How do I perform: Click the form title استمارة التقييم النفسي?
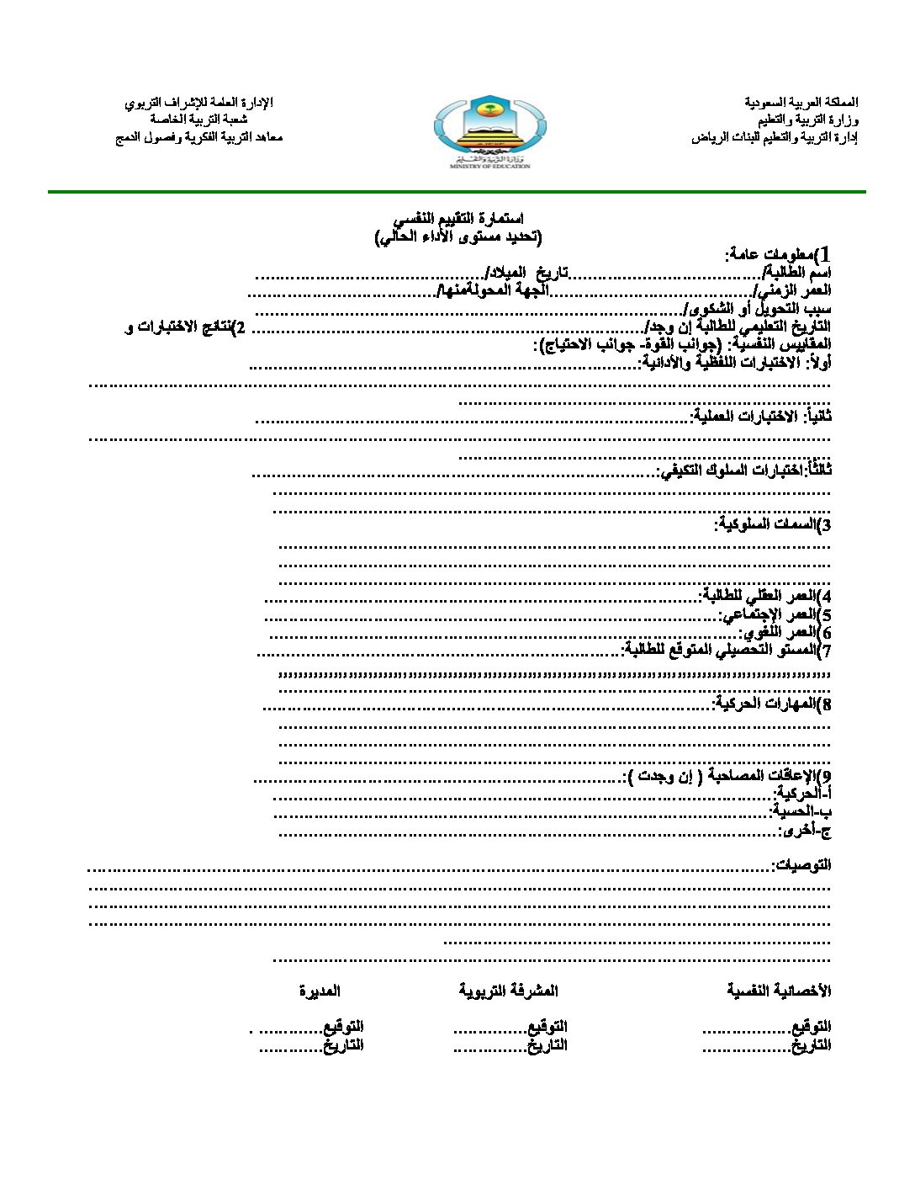458,219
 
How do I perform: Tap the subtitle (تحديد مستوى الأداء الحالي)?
458,236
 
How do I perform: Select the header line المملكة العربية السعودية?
801,103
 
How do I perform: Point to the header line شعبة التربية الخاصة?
198,120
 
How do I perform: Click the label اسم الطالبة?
796,272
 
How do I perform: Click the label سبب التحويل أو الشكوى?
758,308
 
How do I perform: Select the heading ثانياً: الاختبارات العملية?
761,416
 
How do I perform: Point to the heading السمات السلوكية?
773,524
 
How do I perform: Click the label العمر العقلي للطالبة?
765,596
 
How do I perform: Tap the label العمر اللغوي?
785,632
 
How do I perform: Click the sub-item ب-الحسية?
801,811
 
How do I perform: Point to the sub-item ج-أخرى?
805,830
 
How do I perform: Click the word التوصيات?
801,865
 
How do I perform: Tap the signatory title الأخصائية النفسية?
779,991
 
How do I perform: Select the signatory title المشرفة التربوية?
508,991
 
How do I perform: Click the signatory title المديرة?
320,991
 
